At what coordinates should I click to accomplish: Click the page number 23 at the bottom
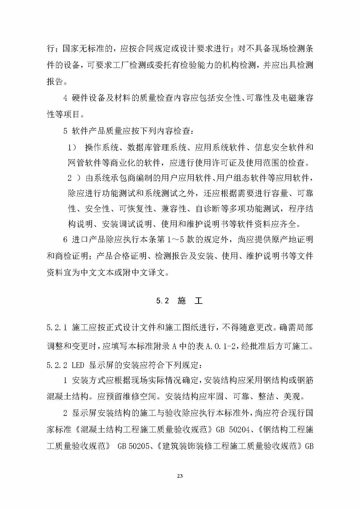click(180, 476)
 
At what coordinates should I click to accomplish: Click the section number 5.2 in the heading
click(162, 301)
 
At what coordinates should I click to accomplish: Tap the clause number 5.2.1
click(57, 328)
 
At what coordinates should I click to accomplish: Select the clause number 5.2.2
click(57, 365)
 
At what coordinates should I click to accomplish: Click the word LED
click(77, 365)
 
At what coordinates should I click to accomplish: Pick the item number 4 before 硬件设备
click(65, 98)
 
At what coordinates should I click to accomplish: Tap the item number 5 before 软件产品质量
click(65, 131)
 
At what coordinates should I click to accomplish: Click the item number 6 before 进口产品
click(65, 240)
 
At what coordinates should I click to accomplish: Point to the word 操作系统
click(102, 148)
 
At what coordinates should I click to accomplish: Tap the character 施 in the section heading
click(182, 301)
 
